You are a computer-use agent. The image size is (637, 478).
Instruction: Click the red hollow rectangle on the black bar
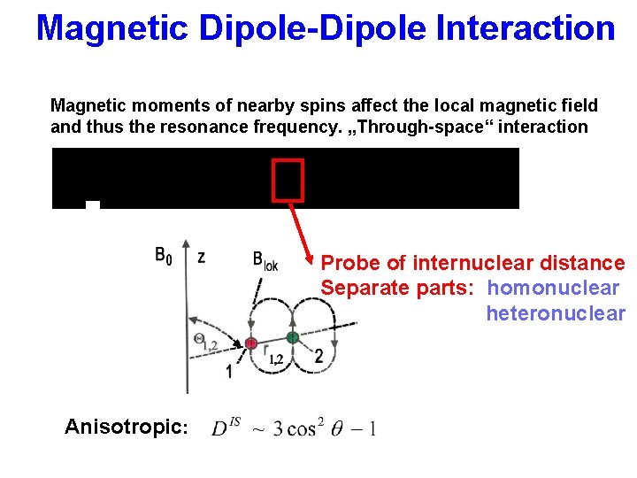click(288, 180)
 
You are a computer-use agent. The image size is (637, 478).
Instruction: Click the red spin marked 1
click(250, 343)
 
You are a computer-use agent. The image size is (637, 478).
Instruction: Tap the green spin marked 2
click(291, 337)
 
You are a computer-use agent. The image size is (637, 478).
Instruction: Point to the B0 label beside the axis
click(164, 257)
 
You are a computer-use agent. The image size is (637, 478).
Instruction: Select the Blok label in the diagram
click(265, 260)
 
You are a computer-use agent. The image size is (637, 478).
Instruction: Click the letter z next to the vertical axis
click(202, 257)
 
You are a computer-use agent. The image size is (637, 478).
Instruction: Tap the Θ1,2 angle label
click(205, 343)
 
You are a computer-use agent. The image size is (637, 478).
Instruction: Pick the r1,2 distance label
click(273, 356)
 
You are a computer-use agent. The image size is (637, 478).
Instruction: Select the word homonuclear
click(553, 288)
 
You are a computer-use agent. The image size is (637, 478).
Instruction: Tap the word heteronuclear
click(555, 313)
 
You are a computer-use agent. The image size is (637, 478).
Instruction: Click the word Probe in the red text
click(351, 263)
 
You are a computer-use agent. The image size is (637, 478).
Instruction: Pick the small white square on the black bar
click(93, 205)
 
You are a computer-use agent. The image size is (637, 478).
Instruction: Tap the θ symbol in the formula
click(336, 429)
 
